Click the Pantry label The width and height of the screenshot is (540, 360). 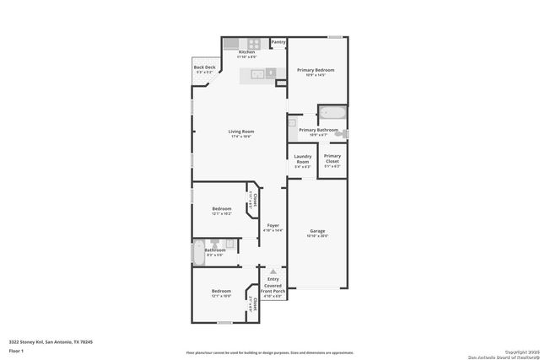point(278,41)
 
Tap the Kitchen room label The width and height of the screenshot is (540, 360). point(246,52)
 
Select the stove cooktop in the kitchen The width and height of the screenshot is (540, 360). point(252,43)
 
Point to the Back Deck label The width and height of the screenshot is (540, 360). point(203,67)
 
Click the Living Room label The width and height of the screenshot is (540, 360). point(240,132)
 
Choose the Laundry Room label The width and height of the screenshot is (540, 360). point(302,159)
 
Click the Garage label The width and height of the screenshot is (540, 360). point(317,230)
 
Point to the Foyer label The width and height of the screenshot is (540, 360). point(273,225)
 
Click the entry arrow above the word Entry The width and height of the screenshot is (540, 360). point(273,271)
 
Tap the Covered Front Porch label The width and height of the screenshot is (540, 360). point(273,288)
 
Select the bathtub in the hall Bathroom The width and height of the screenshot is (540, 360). point(198,250)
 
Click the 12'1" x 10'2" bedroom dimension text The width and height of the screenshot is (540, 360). point(221,214)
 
